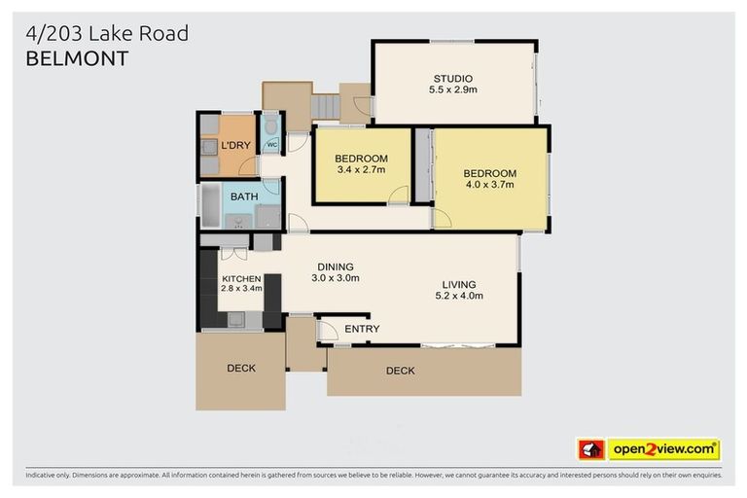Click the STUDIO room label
coord(452,78)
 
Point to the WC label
coord(271,145)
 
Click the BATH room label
coord(244,196)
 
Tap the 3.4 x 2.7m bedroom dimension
coord(361,169)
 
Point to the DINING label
coord(336,267)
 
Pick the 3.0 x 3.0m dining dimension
coord(336,278)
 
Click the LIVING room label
coord(458,285)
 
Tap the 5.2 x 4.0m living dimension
coord(458,297)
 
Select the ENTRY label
coord(362,329)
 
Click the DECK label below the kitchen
coord(241,368)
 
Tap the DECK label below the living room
coord(400,371)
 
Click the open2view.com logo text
coord(663,449)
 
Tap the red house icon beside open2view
coord(591,449)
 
